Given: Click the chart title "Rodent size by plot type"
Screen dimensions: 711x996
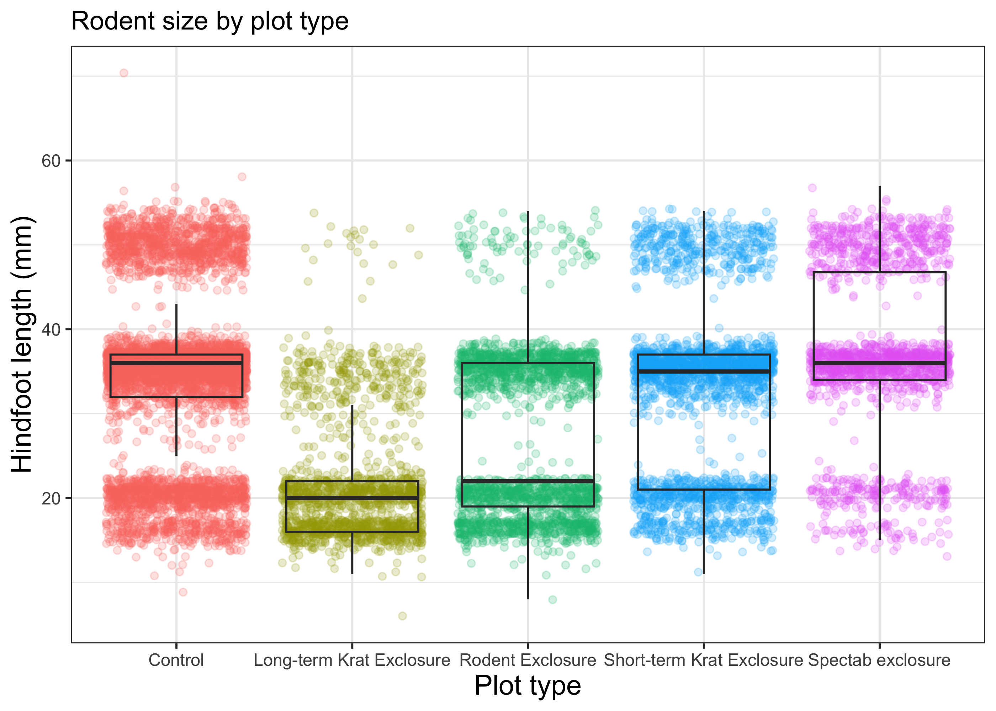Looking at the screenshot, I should point(210,21).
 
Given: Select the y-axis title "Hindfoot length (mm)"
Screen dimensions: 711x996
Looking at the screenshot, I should point(22,344).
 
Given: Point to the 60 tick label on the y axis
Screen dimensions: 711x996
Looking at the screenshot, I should point(51,161).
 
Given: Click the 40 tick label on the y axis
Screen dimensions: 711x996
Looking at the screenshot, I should point(51,329).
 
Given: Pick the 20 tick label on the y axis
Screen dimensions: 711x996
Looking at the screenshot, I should point(51,498).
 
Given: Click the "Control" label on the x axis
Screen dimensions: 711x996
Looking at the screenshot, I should point(176,660).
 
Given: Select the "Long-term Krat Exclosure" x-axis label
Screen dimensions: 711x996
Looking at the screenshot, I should point(352,660).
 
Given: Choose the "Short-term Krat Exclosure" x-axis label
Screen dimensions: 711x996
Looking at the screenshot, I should point(703,660).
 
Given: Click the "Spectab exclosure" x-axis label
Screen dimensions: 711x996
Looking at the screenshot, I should point(879,660).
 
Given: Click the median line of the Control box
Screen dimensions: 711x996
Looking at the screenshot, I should point(176,363).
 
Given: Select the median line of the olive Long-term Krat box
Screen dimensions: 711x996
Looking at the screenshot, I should point(352,498).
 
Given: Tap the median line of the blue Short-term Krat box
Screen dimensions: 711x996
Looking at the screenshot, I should point(703,371).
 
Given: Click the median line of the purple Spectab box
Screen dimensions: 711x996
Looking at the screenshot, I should point(879,363).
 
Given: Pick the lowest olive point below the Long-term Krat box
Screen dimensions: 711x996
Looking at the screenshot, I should point(402,616).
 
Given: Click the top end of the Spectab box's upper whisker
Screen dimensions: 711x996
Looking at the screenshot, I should point(879,187).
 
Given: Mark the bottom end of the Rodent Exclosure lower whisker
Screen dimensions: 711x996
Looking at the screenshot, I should point(528,598).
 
